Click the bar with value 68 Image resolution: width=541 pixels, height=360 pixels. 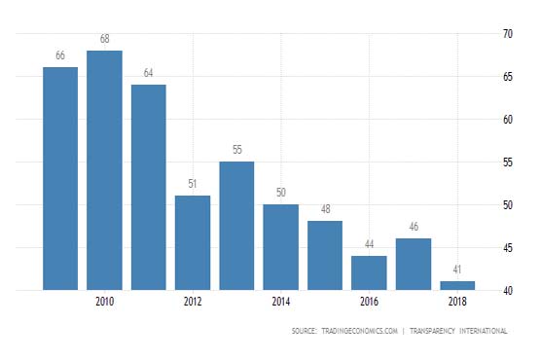tap(105, 170)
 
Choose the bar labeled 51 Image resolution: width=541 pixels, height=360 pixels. tap(193, 242)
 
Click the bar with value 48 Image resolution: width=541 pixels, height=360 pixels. tap(325, 255)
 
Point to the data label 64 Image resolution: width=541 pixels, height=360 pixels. tap(149, 73)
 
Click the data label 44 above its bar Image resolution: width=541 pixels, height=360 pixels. tap(369, 244)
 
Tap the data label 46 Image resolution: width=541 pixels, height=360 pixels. tap(414, 227)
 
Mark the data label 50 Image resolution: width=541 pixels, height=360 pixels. tap(281, 193)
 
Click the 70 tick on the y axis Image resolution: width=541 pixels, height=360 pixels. tap(507, 34)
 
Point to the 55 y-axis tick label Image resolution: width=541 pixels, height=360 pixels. tap(507, 162)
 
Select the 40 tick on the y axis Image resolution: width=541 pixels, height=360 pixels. tap(507, 290)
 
